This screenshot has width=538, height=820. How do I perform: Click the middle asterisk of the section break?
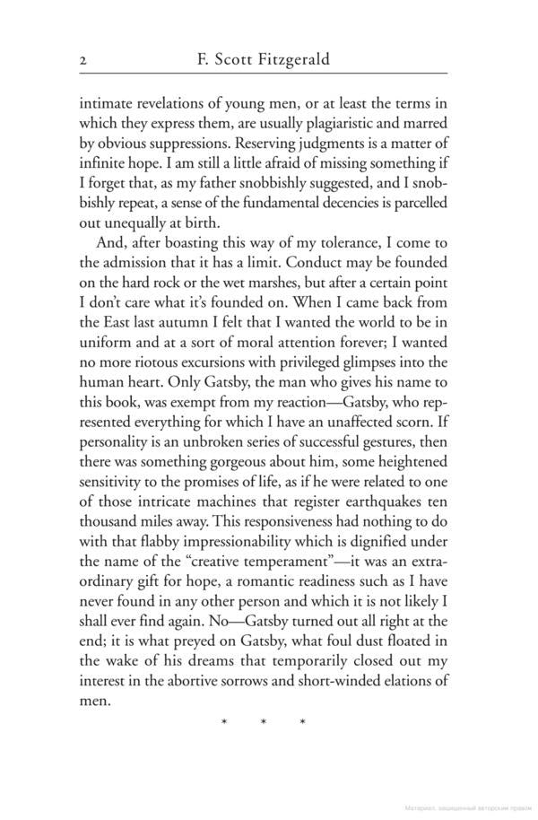coord(264,721)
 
